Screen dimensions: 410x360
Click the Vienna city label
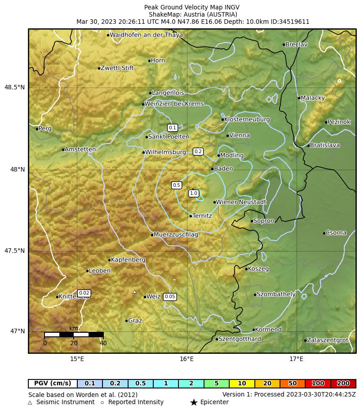click(x=240, y=136)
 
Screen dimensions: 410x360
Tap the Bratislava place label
click(x=325, y=145)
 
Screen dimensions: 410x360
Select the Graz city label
click(x=135, y=321)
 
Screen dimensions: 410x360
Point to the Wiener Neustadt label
click(x=241, y=202)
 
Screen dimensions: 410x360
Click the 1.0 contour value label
click(x=194, y=194)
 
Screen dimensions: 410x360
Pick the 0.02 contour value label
click(x=84, y=293)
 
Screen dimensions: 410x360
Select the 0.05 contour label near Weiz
click(x=170, y=297)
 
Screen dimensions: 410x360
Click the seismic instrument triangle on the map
click(x=134, y=292)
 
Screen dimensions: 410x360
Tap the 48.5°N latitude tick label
click(x=15, y=87)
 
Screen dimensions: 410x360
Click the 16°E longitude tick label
click(x=187, y=359)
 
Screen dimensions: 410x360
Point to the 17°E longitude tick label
click(x=296, y=359)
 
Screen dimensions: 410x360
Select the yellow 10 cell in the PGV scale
click(x=242, y=384)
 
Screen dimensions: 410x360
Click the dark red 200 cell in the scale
click(x=343, y=384)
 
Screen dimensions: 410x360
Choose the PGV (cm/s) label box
click(x=53, y=384)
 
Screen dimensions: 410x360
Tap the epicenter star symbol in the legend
click(x=194, y=402)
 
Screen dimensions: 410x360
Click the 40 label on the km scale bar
click(x=103, y=344)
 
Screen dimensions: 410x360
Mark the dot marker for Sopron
click(x=252, y=221)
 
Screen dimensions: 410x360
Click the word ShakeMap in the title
click(x=164, y=14)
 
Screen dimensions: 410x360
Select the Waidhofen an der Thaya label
click(x=146, y=35)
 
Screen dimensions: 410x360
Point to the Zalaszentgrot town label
click(x=327, y=340)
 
